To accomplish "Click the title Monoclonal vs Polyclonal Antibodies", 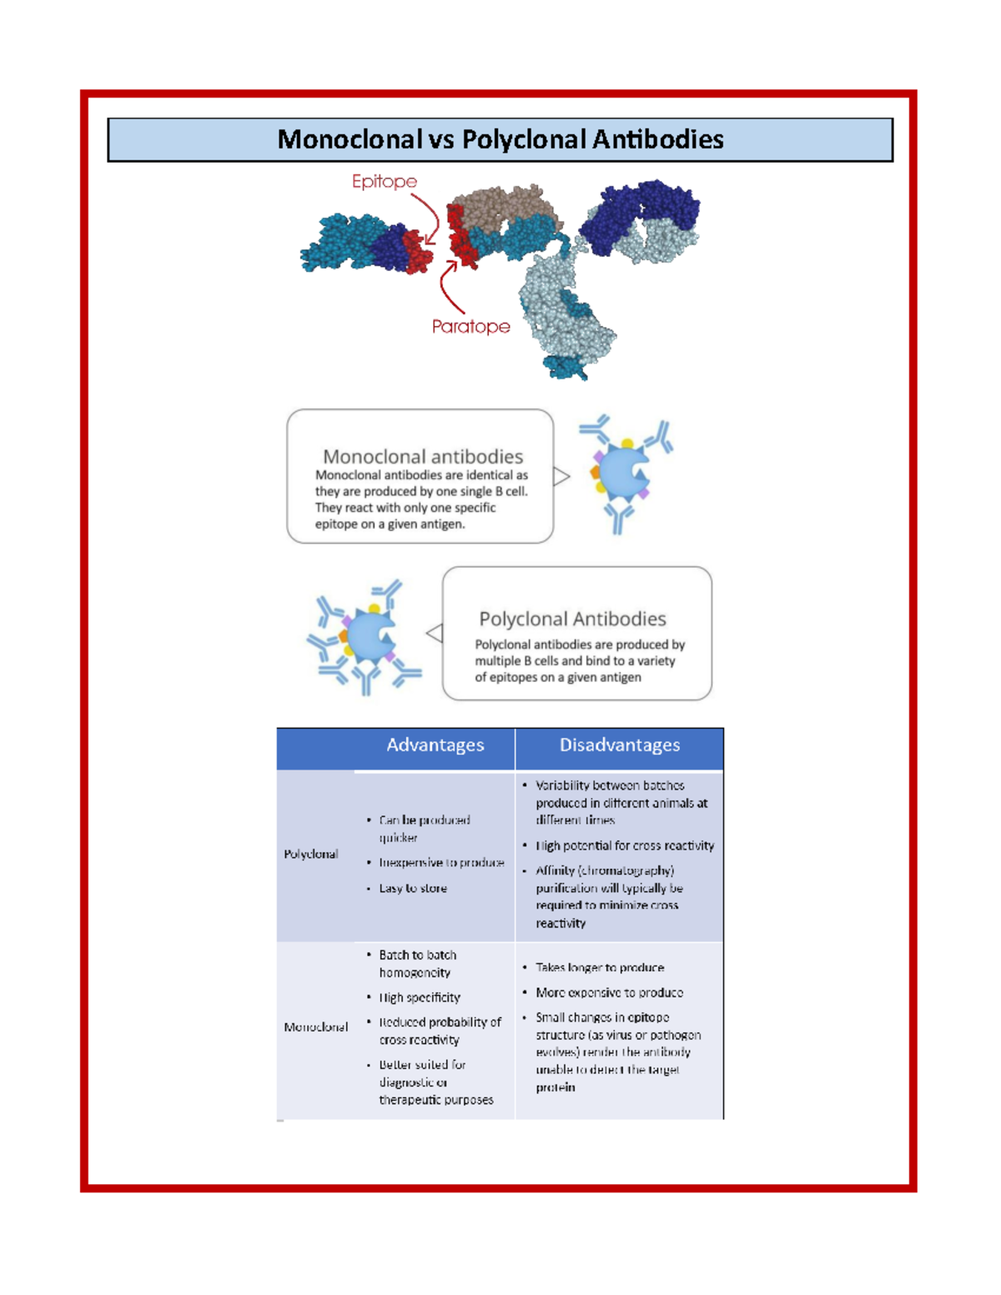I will (500, 139).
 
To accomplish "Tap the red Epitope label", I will (384, 181).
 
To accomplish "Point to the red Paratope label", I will (470, 327).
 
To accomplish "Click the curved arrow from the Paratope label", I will (446, 288).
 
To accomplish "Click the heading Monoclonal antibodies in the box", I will (423, 456).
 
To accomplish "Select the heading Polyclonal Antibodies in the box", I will (572, 619).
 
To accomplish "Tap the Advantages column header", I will (435, 745).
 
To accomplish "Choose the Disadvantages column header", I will (619, 745).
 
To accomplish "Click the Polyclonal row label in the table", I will (311, 854).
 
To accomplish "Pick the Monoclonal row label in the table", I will (315, 1026).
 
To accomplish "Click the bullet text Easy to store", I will (413, 888).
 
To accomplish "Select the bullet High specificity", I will (420, 997).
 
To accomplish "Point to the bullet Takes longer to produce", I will (600, 967).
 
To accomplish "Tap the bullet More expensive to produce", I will (609, 992).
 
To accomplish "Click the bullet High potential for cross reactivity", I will (625, 846).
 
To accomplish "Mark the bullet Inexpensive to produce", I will (441, 862).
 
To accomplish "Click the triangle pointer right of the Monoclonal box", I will (561, 476).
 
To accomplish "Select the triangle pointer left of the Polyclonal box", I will (435, 633).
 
